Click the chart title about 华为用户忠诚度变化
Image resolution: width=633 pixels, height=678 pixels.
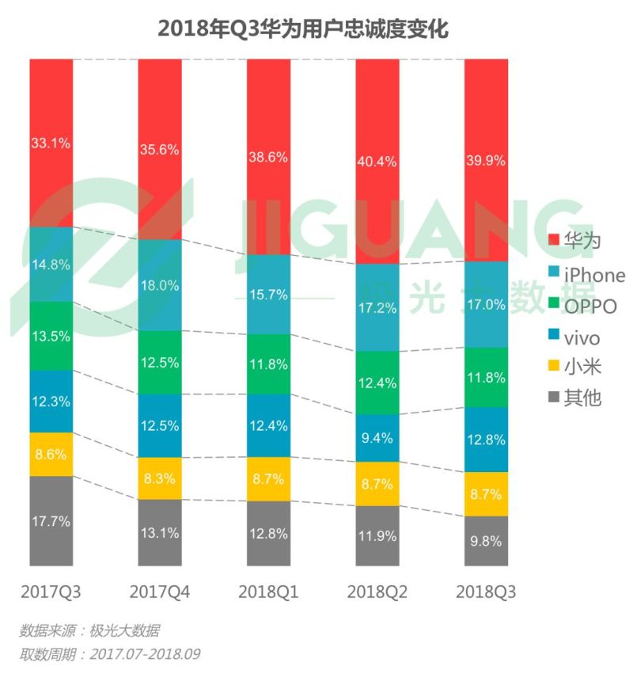(303, 29)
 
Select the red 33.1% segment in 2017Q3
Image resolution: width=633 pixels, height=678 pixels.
(51, 143)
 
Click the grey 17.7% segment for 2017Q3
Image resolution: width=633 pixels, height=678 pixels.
(51, 520)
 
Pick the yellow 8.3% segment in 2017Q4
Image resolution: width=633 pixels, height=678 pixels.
(159, 478)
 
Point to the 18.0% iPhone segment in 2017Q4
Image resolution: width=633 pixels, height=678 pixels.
(159, 285)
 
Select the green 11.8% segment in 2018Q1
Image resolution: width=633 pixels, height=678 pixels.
(268, 364)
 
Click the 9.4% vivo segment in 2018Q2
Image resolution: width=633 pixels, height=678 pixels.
(377, 436)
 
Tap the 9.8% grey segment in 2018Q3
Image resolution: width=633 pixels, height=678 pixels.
(486, 541)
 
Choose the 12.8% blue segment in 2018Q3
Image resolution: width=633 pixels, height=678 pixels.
(486, 440)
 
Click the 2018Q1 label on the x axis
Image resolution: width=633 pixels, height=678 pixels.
(268, 592)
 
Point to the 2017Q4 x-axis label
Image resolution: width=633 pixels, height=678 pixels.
(159, 592)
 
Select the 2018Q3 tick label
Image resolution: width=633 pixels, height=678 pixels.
(486, 592)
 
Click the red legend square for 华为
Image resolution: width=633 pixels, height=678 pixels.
(554, 240)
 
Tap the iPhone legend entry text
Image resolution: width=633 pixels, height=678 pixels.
(594, 275)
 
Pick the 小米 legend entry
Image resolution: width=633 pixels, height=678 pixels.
(582, 367)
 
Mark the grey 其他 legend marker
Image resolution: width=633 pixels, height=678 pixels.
(554, 397)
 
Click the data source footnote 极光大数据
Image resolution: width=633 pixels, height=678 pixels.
(89, 631)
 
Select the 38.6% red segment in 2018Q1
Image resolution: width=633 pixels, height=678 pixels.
(268, 157)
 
